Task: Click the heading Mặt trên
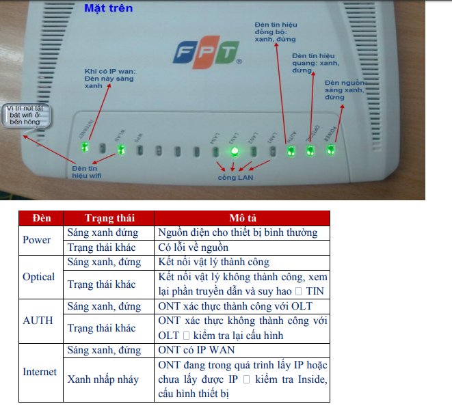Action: pyautogui.click(x=108, y=9)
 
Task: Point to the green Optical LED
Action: pyautogui.click(x=310, y=150)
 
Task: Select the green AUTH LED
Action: pyautogui.click(x=290, y=150)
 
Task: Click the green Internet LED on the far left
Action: pyautogui.click(x=85, y=147)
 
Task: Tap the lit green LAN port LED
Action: pyautogui.click(x=234, y=151)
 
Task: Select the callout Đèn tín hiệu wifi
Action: pyautogui.click(x=88, y=171)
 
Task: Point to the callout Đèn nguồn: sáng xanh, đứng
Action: pyautogui.click(x=345, y=90)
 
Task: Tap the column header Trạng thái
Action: pyautogui.click(x=109, y=218)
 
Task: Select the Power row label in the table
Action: pyautogui.click(x=37, y=240)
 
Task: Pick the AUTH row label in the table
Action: pyautogui.click(x=38, y=321)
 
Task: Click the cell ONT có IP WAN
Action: pyautogui.click(x=196, y=350)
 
